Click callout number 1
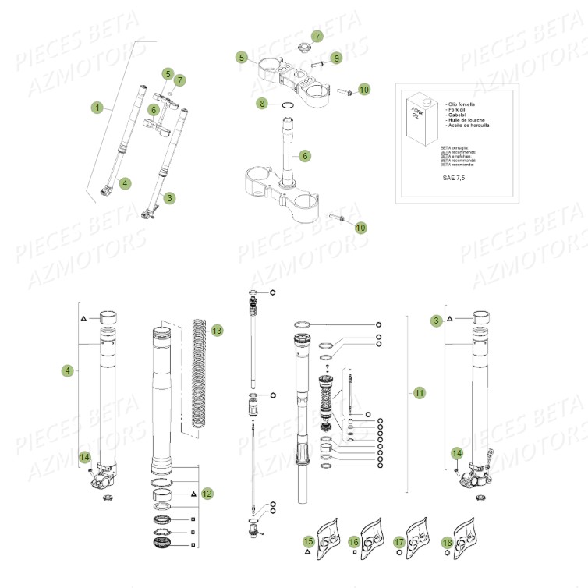tap(97, 108)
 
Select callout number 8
tap(263, 103)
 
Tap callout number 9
tap(336, 58)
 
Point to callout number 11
tap(420, 393)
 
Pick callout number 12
tap(207, 494)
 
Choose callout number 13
tap(217, 331)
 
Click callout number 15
tap(308, 540)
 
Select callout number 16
tap(354, 540)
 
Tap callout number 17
tap(400, 540)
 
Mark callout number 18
tap(447, 540)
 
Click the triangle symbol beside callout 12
tap(193, 494)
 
